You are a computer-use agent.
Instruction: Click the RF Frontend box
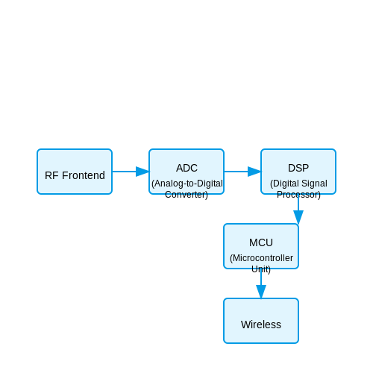75,172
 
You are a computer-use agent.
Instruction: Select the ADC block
186,172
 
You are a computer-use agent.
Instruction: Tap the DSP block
298,172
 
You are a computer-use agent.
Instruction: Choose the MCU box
261,246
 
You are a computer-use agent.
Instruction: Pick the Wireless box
261,321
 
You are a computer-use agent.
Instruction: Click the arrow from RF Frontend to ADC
131,172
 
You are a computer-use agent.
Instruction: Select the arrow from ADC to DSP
242,172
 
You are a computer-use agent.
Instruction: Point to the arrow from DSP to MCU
298,209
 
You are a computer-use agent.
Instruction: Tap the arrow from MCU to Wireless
261,283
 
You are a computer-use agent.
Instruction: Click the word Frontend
84,175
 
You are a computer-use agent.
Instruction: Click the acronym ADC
186,168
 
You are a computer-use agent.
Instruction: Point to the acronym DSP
298,168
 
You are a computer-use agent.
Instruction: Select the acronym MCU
261,242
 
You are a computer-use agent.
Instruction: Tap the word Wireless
261,325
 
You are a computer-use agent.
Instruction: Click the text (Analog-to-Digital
187,184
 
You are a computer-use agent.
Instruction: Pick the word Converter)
186,195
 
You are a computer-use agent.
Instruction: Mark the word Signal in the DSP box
314,184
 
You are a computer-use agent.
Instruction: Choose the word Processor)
298,195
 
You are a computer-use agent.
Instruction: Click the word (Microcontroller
261,258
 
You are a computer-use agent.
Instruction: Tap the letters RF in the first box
51,175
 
